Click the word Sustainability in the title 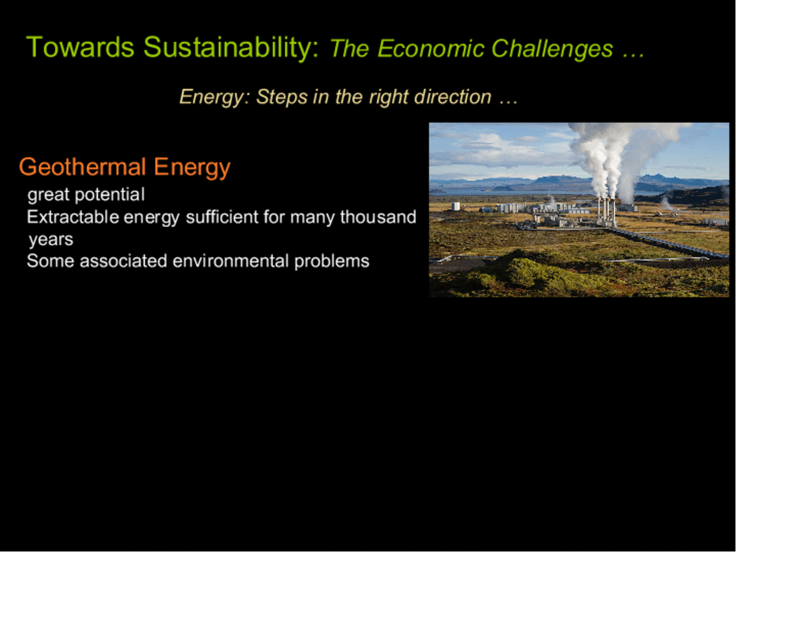point(231,48)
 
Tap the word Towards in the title point(80,47)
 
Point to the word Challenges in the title point(552,49)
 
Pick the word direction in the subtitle point(453,97)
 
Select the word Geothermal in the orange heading point(83,166)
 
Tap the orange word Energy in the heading point(192,167)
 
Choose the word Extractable point(73,217)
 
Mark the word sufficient point(222,217)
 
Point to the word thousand point(378,217)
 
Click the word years point(51,240)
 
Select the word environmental point(231,261)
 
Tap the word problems point(332,262)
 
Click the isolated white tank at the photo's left point(455,206)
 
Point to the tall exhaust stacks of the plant point(606,212)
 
